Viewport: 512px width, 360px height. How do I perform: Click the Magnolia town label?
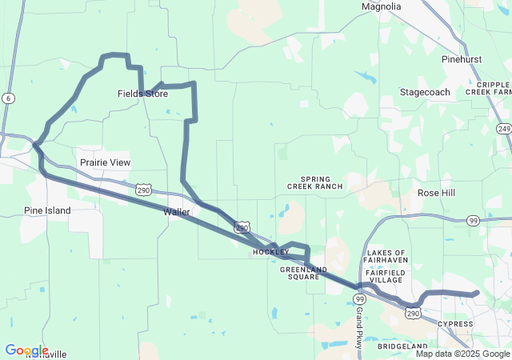click(381, 6)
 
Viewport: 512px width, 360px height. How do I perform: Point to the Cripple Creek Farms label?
click(488, 88)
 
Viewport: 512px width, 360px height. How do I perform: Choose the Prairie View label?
click(105, 162)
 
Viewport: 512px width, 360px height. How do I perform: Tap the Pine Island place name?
click(46, 210)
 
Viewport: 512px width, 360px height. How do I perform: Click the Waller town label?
click(176, 212)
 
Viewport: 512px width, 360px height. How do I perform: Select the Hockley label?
click(270, 252)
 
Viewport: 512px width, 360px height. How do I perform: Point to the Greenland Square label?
click(300, 274)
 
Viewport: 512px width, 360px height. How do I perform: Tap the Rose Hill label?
click(436, 193)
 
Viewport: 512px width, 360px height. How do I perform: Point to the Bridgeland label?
click(404, 346)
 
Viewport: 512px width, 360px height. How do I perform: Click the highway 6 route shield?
click(8, 98)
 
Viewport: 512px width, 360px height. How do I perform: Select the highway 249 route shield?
click(503, 128)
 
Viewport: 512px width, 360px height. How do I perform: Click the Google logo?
click(26, 350)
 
